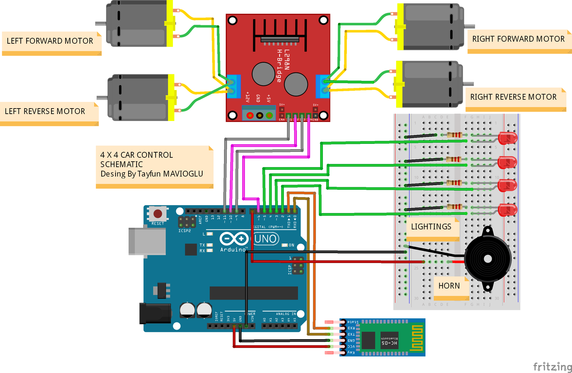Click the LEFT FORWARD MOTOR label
(50, 41)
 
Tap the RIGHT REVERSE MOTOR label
(513, 97)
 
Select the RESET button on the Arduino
(158, 214)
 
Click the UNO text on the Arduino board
(266, 239)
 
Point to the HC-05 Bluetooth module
(383, 337)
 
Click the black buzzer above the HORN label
(487, 259)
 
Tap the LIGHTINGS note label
(431, 227)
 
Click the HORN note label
(449, 286)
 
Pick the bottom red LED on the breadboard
(508, 210)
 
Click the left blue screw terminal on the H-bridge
(234, 87)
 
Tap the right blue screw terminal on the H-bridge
(322, 87)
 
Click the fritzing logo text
(552, 366)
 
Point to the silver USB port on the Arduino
(146, 241)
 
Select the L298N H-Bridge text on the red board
(282, 66)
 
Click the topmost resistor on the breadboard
(454, 135)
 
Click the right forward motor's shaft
(469, 26)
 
